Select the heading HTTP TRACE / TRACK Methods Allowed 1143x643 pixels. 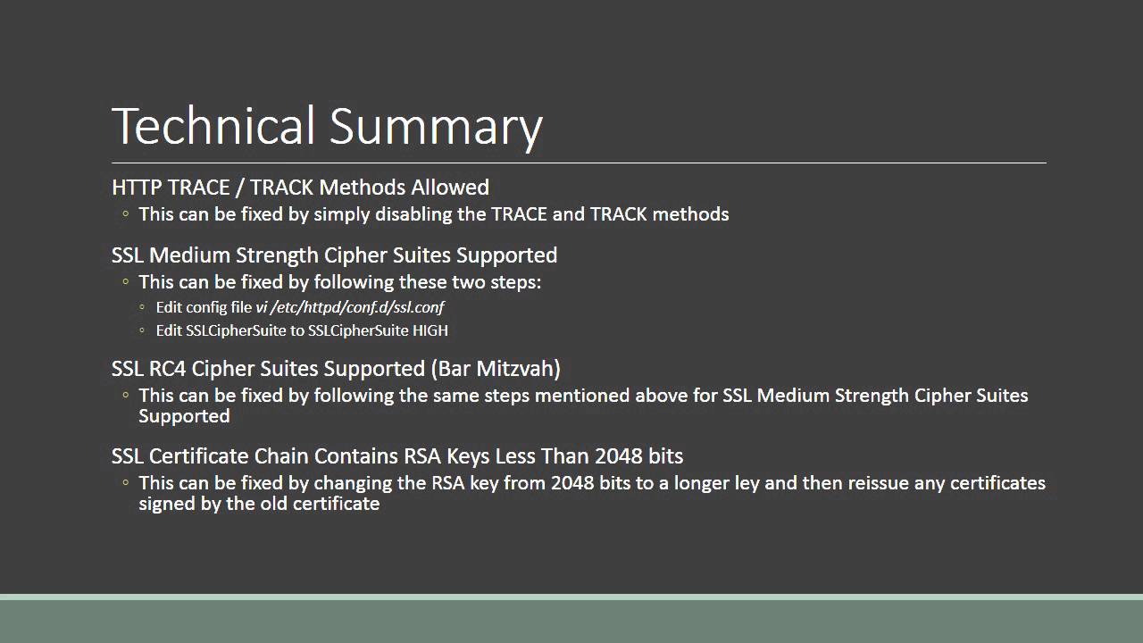pyautogui.click(x=300, y=188)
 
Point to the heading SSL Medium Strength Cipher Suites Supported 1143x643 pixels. pyautogui.click(x=334, y=255)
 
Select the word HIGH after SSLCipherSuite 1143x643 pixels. pyautogui.click(x=430, y=330)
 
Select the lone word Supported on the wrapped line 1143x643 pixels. pyautogui.click(x=184, y=416)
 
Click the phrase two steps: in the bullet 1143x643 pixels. pyautogui.click(x=499, y=282)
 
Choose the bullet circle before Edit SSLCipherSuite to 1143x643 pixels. pyautogui.click(x=143, y=331)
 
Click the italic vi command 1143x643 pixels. pyautogui.click(x=261, y=307)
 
